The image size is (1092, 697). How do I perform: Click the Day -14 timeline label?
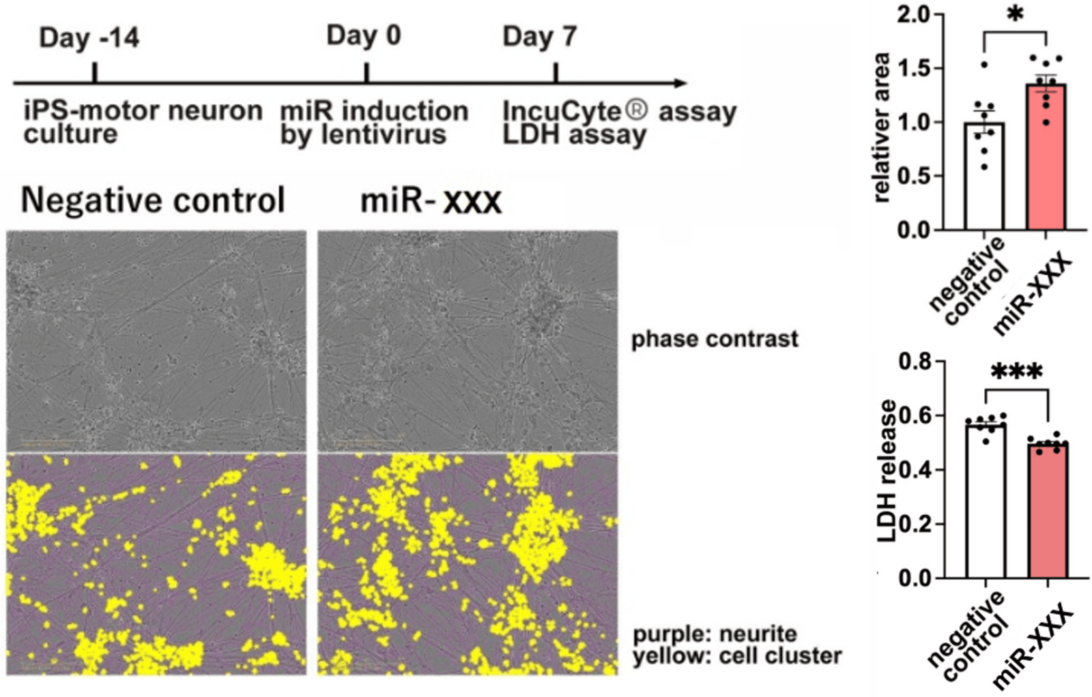[89, 38]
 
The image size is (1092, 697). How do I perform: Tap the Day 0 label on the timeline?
[364, 35]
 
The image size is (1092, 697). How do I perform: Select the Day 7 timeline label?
[540, 37]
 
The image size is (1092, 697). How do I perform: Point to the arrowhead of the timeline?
[680, 83]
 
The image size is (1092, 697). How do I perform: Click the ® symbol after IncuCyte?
[636, 110]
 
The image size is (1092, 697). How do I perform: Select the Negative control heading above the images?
[153, 200]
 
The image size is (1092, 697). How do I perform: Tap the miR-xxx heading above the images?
[431, 201]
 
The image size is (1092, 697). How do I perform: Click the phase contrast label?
[715, 339]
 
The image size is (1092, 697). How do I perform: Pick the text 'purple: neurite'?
[715, 634]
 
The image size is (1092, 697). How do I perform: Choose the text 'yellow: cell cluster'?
[737, 655]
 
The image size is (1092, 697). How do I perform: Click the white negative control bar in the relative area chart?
[984, 176]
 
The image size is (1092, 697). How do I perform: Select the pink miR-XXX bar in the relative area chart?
[1046, 157]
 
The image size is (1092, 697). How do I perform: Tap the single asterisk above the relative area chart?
[1015, 14]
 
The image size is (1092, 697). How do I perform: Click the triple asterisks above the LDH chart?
[1016, 372]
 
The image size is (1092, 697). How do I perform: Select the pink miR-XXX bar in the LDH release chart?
[1048, 510]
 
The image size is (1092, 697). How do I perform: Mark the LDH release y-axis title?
[888, 471]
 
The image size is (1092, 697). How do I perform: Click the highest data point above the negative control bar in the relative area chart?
[983, 65]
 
